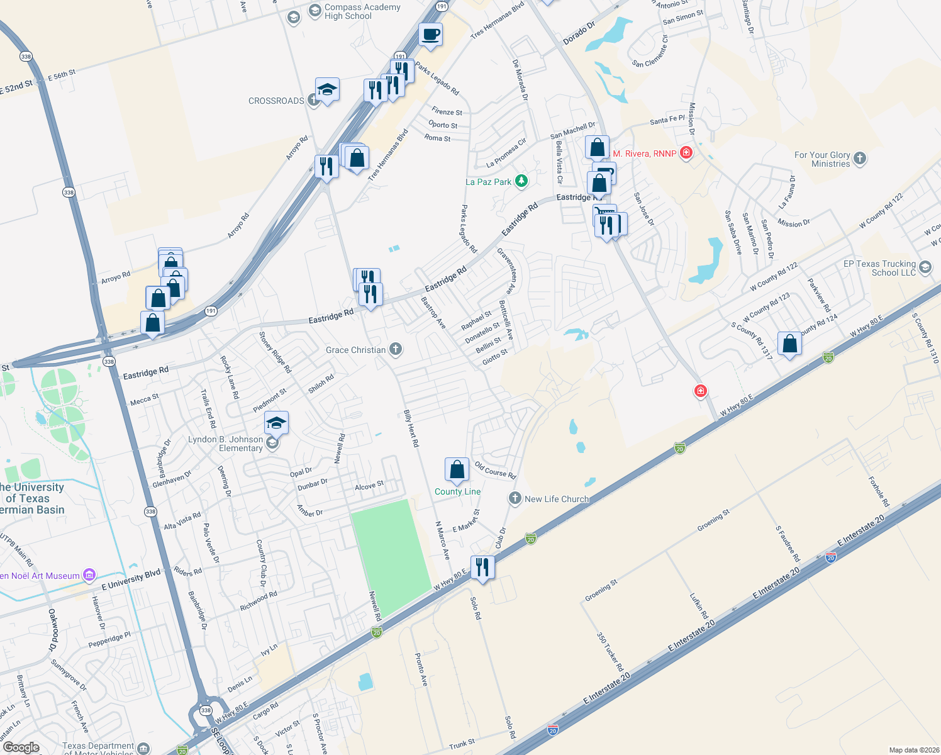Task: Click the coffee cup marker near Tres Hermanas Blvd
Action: point(430,34)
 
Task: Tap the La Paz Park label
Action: point(489,182)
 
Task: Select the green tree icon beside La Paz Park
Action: point(521,181)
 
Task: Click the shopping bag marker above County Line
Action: point(457,469)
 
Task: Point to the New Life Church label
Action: point(557,499)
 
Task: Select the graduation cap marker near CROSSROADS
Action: point(327,90)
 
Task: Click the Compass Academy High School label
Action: point(362,11)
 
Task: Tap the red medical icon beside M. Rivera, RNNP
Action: point(686,153)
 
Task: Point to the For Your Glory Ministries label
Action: point(822,159)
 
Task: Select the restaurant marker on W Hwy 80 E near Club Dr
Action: point(482,567)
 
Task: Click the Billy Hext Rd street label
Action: point(411,428)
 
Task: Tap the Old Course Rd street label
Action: point(495,469)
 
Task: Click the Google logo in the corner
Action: point(21,747)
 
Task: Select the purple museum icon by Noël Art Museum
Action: point(89,574)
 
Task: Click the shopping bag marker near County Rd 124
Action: point(789,344)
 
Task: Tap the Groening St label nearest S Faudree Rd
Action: point(713,520)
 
